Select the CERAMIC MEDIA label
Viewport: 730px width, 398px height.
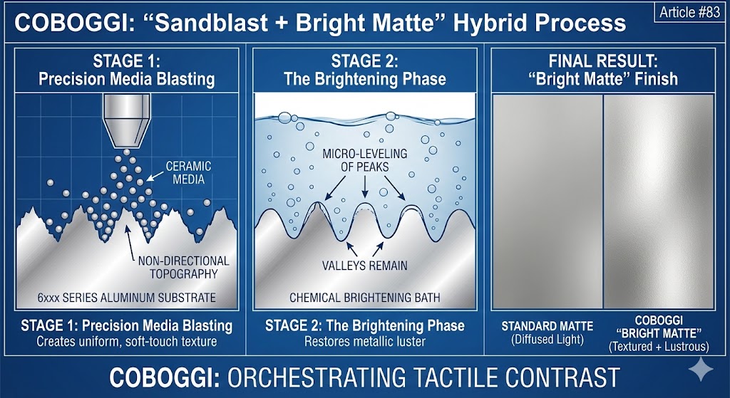(x=189, y=172)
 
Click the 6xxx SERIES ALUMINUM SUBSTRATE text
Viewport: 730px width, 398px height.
(x=125, y=298)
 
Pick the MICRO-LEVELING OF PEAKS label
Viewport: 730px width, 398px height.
(x=364, y=161)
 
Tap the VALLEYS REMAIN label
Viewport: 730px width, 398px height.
(x=364, y=266)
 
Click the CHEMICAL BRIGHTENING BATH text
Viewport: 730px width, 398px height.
(x=364, y=298)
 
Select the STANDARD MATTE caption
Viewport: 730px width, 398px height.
(x=546, y=326)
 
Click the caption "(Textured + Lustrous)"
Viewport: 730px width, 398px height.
(x=658, y=347)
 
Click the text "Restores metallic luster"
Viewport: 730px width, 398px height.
(x=364, y=341)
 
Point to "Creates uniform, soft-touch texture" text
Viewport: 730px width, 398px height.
(x=125, y=341)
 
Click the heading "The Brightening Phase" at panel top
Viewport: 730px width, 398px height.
(x=364, y=78)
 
